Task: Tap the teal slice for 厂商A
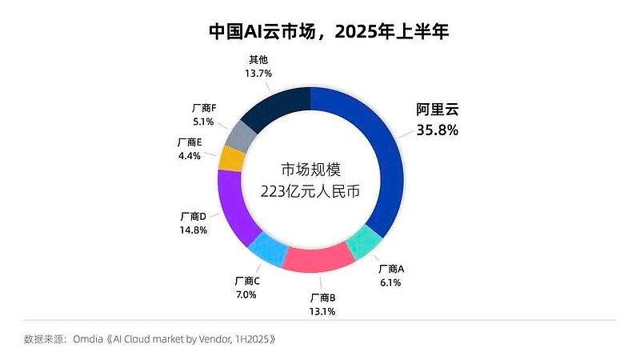click(x=366, y=242)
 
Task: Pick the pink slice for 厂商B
click(x=319, y=258)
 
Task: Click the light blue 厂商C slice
click(x=266, y=250)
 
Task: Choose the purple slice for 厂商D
click(x=234, y=206)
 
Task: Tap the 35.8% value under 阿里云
click(x=437, y=130)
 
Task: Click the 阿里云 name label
click(x=437, y=110)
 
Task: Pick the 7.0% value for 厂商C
click(x=246, y=294)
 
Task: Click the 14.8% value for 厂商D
click(x=194, y=230)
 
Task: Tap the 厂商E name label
click(x=190, y=142)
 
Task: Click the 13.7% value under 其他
click(x=258, y=73)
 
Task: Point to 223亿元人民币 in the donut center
click(x=309, y=191)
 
